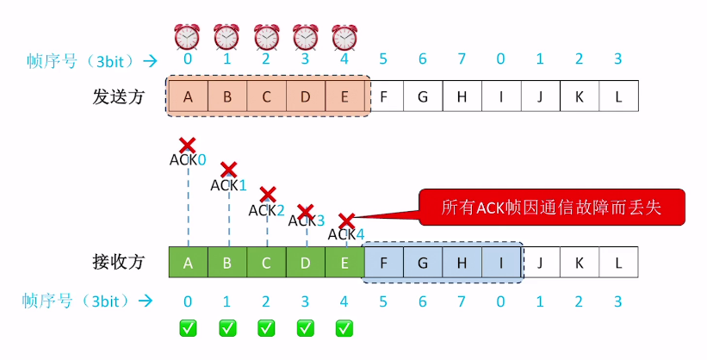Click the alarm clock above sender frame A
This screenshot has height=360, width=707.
click(187, 37)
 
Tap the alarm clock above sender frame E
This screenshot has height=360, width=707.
click(344, 37)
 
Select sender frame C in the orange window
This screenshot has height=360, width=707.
click(266, 96)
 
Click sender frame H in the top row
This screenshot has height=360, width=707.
click(462, 96)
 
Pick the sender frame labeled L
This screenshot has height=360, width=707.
click(618, 96)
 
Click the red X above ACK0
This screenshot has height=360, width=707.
click(187, 145)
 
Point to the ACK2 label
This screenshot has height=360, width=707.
click(267, 210)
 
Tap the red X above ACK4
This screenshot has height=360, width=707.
click(346, 220)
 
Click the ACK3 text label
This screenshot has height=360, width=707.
click(306, 220)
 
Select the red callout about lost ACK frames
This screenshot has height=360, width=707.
click(551, 208)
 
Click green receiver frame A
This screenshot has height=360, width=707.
click(187, 262)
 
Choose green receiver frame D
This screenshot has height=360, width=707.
click(305, 262)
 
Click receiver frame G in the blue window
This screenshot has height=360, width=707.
click(422, 262)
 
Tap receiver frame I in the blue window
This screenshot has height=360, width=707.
click(500, 262)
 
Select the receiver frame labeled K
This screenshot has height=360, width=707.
click(579, 262)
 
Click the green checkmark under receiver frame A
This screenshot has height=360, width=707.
click(187, 327)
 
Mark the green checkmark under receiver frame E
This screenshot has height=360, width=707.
click(344, 327)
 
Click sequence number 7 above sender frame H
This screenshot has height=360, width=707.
click(462, 59)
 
